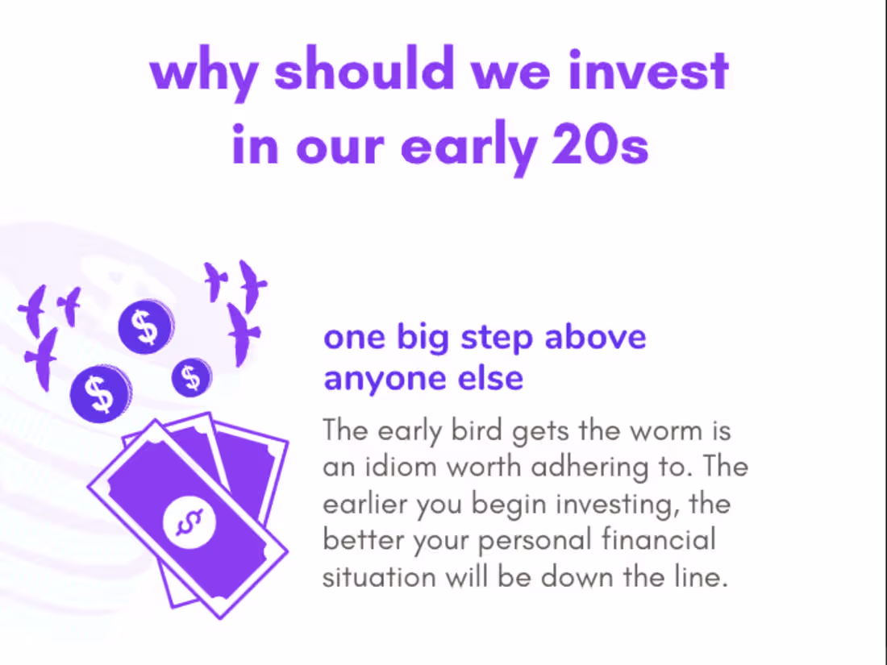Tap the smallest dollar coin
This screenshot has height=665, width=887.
(x=191, y=377)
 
